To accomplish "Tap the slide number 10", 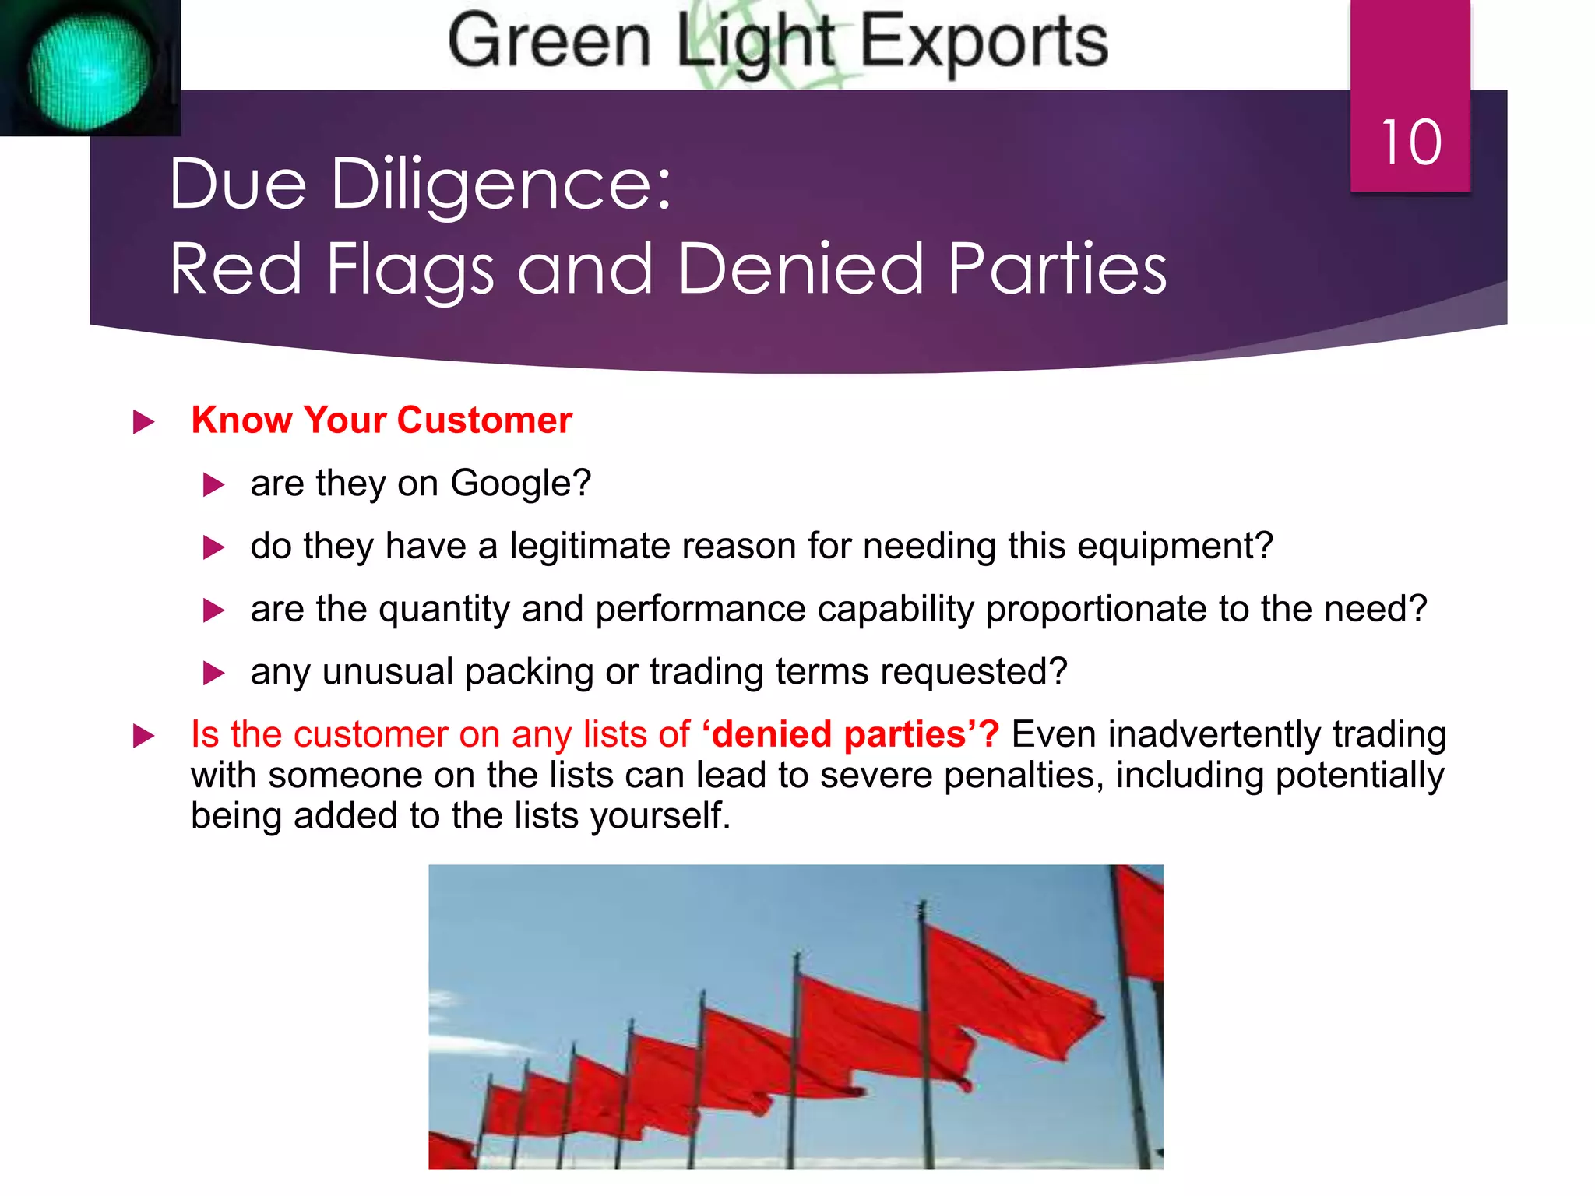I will point(1410,143).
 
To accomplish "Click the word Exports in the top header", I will point(984,42).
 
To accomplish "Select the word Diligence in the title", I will point(501,185).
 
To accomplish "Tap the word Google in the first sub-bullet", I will point(520,484).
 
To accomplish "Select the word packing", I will point(529,672).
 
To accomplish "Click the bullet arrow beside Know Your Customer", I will point(143,422).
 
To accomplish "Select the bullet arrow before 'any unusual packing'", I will point(213,673).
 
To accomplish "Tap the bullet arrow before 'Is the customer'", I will point(143,736).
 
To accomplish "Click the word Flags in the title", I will point(410,269).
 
